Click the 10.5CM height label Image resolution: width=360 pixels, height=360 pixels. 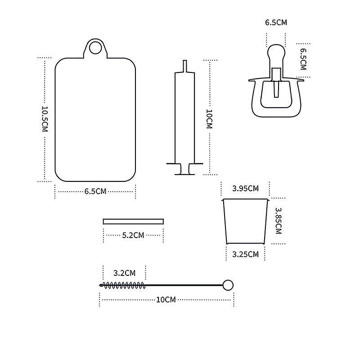click(x=45, y=119)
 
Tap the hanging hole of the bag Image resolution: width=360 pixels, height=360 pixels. click(x=95, y=47)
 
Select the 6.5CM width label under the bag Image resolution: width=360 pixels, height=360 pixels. click(x=95, y=191)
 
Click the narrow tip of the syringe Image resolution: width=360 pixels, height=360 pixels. click(x=185, y=66)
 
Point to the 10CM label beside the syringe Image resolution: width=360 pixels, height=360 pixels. click(x=209, y=119)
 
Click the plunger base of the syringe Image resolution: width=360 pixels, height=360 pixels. click(x=184, y=174)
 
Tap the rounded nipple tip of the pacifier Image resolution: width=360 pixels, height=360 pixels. click(x=276, y=52)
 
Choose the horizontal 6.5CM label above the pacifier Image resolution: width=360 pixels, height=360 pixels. click(x=276, y=22)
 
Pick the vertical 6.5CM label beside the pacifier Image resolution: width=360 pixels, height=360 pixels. click(x=303, y=59)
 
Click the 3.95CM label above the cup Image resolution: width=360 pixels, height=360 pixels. click(x=245, y=189)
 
